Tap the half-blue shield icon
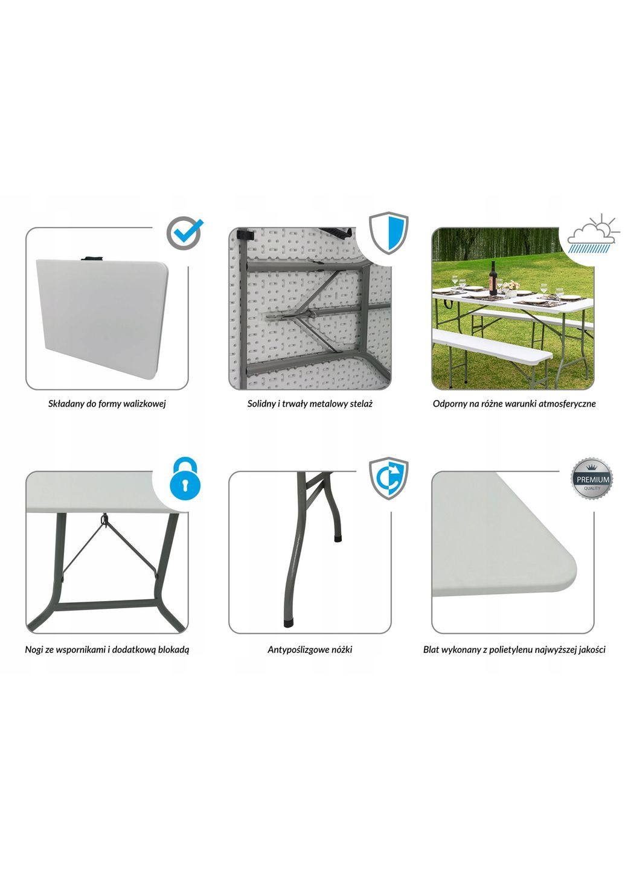pos(388,233)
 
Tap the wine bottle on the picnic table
pos(493,278)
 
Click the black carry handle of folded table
pos(92,258)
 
